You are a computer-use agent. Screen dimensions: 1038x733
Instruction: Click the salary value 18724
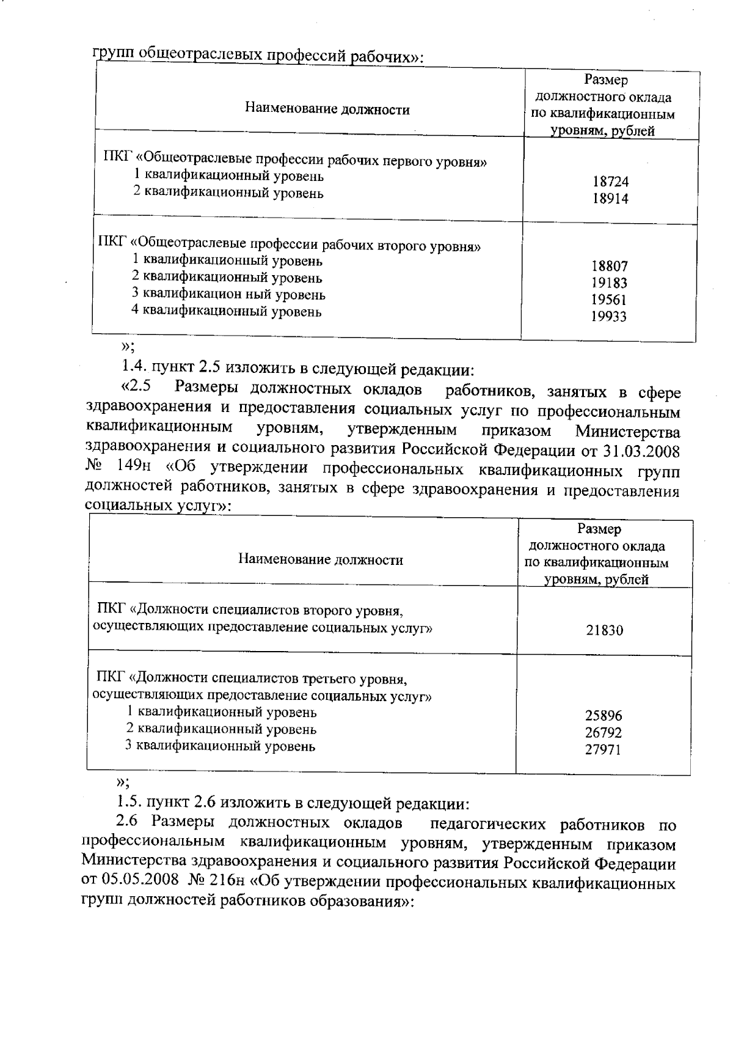pos(610,182)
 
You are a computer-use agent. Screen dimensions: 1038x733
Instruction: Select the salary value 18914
pos(610,199)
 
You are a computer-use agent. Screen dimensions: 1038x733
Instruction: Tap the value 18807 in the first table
pos(609,266)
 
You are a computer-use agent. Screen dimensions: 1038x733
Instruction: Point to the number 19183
pos(609,283)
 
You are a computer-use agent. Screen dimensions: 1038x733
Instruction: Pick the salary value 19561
pos(609,300)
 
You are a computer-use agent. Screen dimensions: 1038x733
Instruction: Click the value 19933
pos(609,317)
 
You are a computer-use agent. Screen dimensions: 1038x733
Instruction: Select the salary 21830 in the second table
pos(605,630)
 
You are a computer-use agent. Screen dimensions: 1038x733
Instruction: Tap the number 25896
pos(604,715)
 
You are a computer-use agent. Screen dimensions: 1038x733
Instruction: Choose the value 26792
pos(604,732)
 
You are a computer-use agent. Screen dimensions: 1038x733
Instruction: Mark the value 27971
pos(604,749)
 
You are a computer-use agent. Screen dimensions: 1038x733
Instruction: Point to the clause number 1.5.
pos(129,801)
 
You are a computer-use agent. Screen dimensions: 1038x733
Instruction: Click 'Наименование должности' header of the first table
pos(327,110)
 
